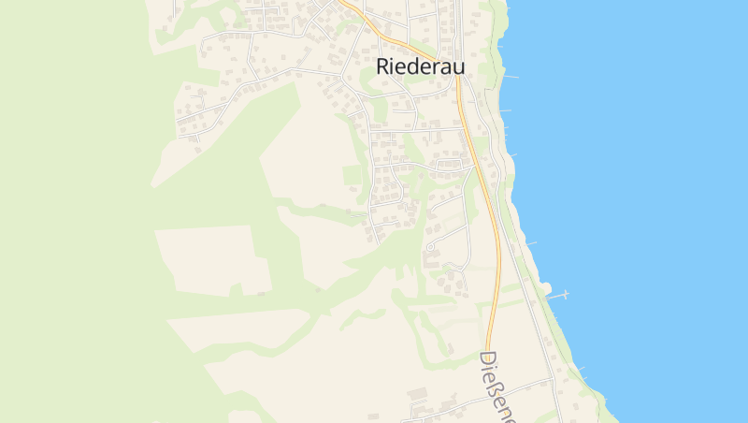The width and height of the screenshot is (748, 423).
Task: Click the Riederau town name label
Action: click(420, 66)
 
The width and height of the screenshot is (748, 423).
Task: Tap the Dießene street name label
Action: click(499, 384)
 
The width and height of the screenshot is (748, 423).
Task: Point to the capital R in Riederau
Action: click(383, 66)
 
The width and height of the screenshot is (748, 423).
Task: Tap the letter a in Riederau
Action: click(447, 67)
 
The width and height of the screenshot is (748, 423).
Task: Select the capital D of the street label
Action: click(487, 360)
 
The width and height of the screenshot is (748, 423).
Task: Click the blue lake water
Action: click(654, 187)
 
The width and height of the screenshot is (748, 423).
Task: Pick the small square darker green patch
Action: click(352, 175)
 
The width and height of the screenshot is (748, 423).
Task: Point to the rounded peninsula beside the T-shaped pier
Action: click(545, 288)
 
